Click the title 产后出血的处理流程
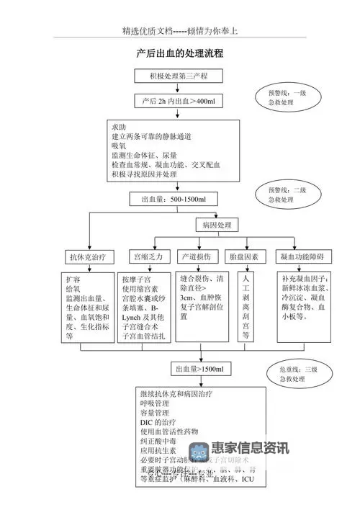tap(179, 53)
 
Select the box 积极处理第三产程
tap(179, 76)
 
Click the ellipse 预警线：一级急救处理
tap(287, 98)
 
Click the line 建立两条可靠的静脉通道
tap(158, 135)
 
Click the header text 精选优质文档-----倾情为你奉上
tap(180, 32)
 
